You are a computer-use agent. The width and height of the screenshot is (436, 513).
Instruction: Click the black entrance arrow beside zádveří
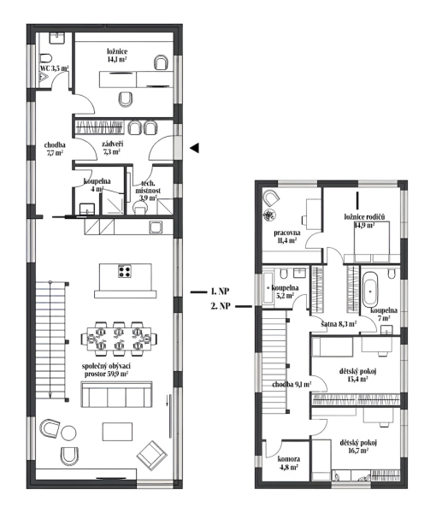[195, 148]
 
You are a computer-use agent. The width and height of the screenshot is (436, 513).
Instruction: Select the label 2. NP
[221, 306]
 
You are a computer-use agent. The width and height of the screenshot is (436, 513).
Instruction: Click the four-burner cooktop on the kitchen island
[125, 271]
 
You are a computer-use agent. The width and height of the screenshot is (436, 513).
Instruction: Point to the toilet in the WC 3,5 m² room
[47, 57]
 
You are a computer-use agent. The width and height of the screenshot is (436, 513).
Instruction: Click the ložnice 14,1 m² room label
[117, 55]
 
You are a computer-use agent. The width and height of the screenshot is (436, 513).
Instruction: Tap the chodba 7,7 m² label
[55, 148]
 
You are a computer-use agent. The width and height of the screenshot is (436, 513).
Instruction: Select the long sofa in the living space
[117, 394]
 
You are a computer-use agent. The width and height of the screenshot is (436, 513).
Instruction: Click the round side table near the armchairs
[68, 433]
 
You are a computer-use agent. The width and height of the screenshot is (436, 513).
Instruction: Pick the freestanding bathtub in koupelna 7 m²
[370, 289]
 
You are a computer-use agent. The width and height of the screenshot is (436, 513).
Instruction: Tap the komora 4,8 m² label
[288, 463]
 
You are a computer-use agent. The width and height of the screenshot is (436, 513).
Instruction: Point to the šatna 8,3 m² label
[339, 324]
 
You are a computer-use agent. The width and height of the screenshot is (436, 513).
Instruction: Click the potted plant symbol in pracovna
[269, 215]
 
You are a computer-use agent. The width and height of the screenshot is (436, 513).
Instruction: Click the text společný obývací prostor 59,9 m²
[107, 369]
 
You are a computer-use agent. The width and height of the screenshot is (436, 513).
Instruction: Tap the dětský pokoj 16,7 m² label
[358, 446]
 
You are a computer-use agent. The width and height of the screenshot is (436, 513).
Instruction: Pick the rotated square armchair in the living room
[152, 455]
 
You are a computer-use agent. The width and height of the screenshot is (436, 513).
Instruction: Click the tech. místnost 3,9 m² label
[148, 191]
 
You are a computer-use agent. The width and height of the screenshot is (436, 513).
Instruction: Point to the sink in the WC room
[58, 38]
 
